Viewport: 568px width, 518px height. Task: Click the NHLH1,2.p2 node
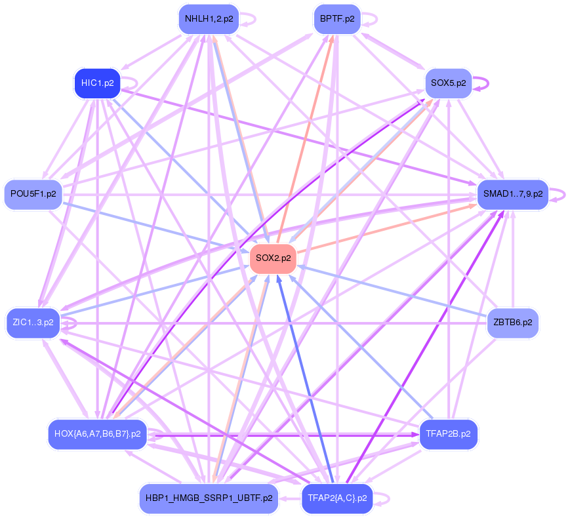point(209,19)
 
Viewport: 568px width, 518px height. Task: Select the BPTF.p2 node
point(336,19)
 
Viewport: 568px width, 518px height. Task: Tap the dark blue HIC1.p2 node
point(97,83)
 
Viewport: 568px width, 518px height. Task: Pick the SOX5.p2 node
point(449,83)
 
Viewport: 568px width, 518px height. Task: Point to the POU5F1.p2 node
point(33,194)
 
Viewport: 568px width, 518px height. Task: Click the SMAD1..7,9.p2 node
point(512,194)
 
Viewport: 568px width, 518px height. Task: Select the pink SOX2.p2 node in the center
point(273,258)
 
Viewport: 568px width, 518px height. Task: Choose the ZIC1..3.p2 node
point(33,323)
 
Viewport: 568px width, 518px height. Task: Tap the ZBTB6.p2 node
point(512,323)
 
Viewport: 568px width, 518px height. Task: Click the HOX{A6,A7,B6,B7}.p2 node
point(97,433)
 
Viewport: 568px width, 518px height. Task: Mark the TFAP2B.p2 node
point(449,433)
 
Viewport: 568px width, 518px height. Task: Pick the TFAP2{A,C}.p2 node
point(336,498)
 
